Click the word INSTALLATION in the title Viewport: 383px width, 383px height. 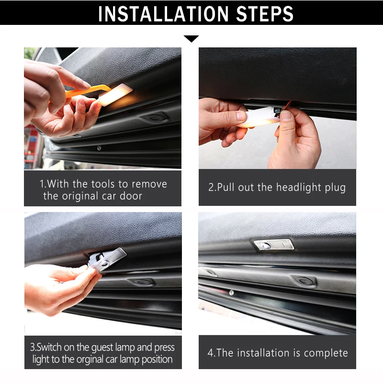click(163, 14)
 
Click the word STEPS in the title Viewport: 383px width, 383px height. click(265, 14)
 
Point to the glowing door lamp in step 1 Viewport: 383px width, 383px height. click(115, 94)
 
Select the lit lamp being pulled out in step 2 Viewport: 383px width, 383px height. click(259, 117)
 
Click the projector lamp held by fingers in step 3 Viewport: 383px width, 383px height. click(107, 260)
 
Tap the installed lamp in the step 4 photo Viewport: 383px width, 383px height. click(274, 245)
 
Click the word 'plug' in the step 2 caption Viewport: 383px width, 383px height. click(335, 188)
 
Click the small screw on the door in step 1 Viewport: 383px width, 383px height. click(99, 148)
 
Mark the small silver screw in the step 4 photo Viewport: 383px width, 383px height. click(231, 293)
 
